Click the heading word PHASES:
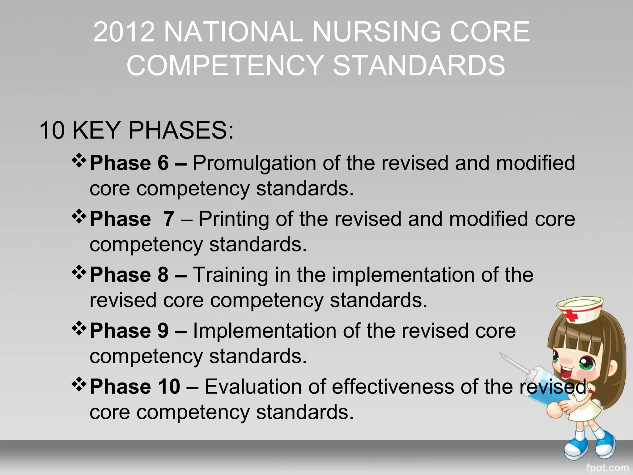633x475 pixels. point(181,130)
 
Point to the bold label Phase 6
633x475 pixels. point(129,163)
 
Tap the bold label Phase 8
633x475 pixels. point(129,275)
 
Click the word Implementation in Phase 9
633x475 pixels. point(265,331)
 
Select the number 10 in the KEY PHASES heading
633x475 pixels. point(52,130)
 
